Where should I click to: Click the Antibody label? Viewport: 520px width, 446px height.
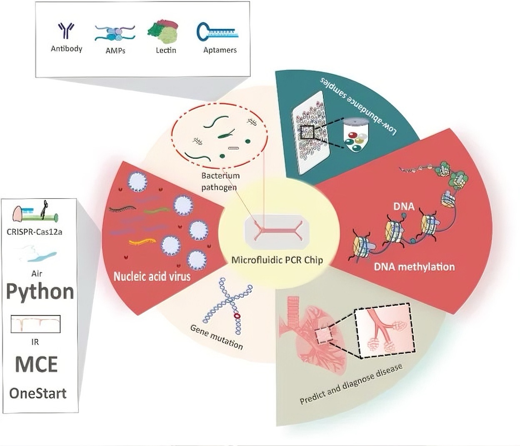point(67,49)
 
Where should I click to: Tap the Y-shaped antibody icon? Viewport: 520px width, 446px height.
point(66,31)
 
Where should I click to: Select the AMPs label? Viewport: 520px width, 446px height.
point(115,50)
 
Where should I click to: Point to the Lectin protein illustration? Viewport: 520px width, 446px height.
point(163,32)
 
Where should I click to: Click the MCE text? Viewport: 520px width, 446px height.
point(37,364)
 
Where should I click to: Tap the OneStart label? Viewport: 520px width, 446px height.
point(38,393)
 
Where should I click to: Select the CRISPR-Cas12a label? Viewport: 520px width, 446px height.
point(35,232)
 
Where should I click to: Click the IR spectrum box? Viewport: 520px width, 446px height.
point(35,324)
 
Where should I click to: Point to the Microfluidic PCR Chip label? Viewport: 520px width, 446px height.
point(277,260)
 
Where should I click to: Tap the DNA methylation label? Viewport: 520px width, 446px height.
point(414,267)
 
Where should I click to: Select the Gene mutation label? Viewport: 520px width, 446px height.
point(217,338)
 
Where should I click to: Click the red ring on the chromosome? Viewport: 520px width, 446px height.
point(237,316)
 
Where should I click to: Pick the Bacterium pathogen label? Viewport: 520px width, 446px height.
point(220,181)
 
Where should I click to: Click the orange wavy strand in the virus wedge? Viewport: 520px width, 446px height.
point(142,242)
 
